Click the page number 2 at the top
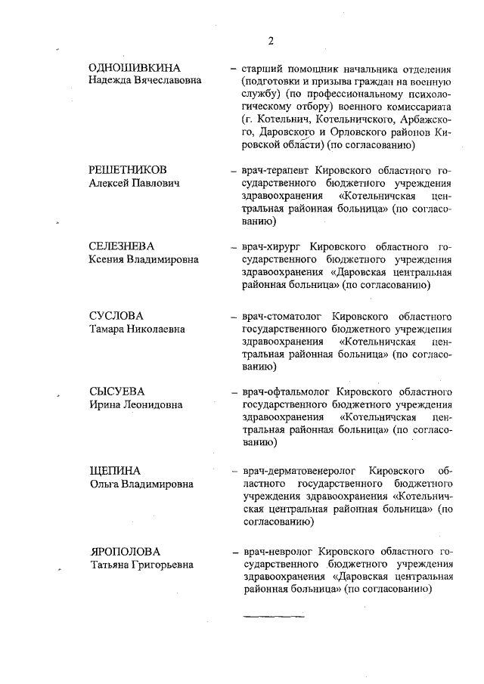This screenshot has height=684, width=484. click(x=270, y=40)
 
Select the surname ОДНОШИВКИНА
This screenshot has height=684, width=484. click(x=135, y=68)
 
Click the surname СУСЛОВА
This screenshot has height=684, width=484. click(x=115, y=315)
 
